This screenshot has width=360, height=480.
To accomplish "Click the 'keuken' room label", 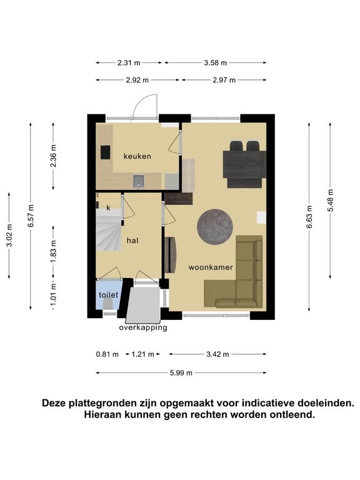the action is click(x=137, y=156).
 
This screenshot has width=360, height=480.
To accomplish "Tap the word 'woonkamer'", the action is click(x=211, y=267).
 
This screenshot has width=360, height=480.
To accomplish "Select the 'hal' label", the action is click(x=132, y=241).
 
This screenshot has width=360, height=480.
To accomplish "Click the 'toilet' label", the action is click(x=108, y=295).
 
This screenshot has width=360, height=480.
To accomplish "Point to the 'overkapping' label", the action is click(x=143, y=327).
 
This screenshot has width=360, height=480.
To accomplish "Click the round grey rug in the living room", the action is click(x=215, y=227).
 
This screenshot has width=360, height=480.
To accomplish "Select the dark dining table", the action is click(x=244, y=164).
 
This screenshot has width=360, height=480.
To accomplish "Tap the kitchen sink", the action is click(x=138, y=181).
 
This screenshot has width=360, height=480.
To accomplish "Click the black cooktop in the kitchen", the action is click(x=105, y=152).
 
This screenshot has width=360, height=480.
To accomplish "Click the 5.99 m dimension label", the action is click(x=181, y=373).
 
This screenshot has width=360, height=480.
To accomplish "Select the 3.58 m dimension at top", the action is click(x=216, y=62).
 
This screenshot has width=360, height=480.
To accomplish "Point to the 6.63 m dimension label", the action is click(x=309, y=217).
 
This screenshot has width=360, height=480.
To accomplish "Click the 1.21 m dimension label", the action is click(x=142, y=354).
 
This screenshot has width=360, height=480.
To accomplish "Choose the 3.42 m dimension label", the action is click(x=217, y=354).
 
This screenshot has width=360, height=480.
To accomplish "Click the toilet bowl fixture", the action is click(x=107, y=304).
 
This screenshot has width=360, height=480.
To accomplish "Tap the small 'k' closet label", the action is click(x=108, y=208).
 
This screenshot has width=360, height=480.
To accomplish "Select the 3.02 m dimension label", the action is click(x=9, y=236).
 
